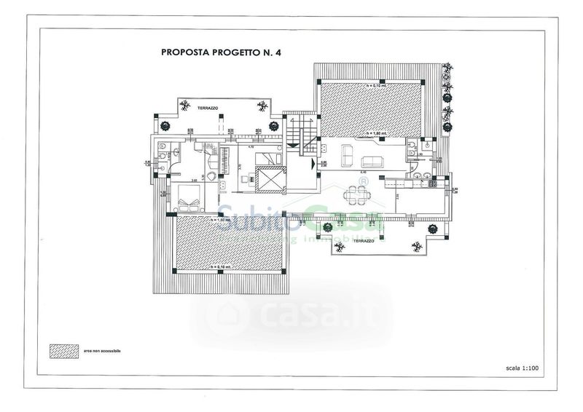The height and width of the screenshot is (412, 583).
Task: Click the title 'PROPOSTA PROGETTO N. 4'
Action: point(210,52)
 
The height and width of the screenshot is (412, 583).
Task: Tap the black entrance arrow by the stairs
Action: point(313,163)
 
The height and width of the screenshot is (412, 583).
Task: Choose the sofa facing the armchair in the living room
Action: point(377,162)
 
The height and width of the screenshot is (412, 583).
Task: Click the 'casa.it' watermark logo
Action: point(291,314)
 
